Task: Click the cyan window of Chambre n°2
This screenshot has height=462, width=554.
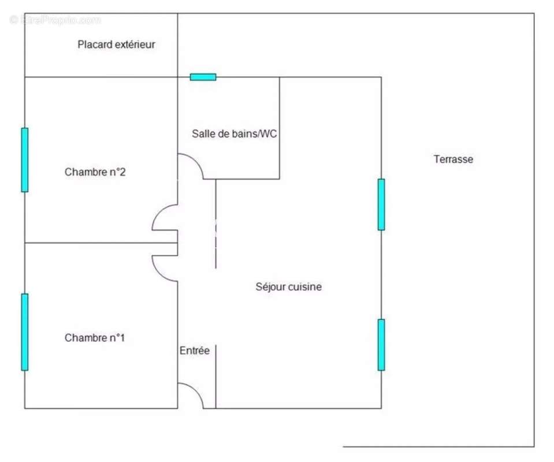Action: [25, 159]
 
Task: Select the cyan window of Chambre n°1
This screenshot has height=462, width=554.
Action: [25, 331]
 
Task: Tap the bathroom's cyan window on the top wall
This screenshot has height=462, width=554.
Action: [203, 77]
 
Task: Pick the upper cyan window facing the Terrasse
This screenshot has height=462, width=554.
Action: [381, 204]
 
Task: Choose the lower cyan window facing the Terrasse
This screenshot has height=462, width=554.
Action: [381, 345]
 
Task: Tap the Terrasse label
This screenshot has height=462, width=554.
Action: [453, 159]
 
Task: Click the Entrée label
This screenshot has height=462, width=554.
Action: [194, 351]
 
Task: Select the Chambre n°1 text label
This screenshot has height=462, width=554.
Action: [95, 338]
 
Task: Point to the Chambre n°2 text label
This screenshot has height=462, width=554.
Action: [95, 172]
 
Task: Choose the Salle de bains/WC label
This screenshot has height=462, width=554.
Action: [235, 134]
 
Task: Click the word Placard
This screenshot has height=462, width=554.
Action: [95, 44]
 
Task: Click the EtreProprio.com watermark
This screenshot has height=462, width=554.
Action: [55, 20]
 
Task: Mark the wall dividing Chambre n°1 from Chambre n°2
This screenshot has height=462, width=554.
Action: [98, 243]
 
